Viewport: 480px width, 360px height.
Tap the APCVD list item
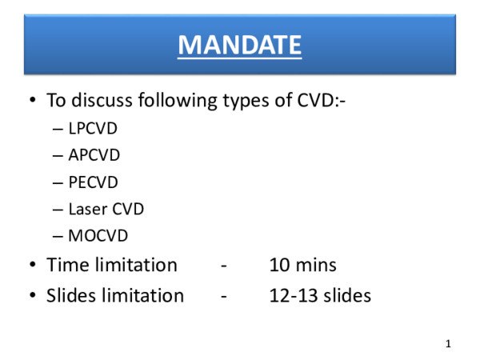[x=94, y=155]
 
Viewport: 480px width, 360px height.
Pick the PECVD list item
[x=94, y=182]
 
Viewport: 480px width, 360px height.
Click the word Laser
[x=86, y=210]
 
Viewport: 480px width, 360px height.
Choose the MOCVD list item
[x=98, y=237]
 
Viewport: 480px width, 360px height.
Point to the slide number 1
[x=449, y=344]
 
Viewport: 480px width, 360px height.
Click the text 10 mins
[x=303, y=265]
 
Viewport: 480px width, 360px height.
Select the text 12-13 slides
[x=320, y=295]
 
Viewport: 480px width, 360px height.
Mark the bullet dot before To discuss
[x=32, y=102]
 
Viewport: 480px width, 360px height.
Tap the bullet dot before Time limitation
[x=32, y=266]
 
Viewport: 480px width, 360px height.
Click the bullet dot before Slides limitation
[x=32, y=296]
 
